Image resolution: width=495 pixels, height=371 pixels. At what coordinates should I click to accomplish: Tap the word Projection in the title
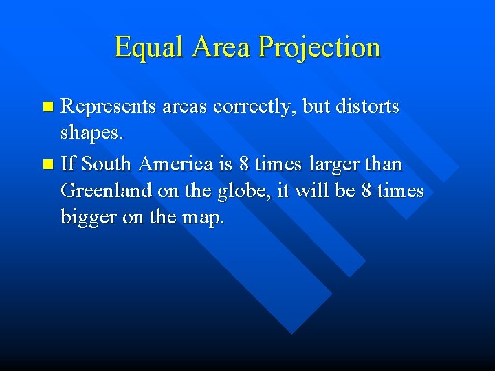point(319,47)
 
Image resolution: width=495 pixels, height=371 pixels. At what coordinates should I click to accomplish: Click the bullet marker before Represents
point(47,107)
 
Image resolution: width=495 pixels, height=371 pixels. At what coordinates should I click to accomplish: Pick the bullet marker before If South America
point(47,165)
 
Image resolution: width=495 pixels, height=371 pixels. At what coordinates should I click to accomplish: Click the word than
point(386,165)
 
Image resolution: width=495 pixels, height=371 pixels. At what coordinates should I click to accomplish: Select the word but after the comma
point(320,107)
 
